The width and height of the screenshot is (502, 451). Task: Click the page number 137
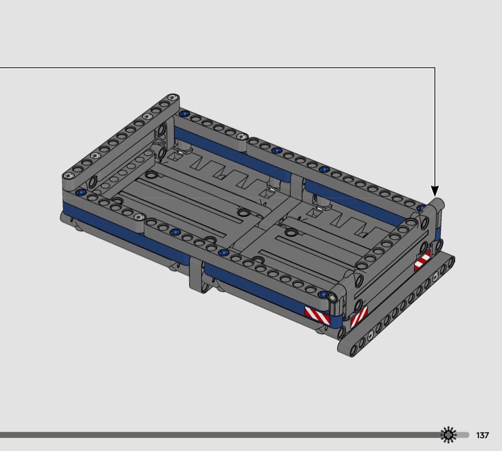tap(482, 435)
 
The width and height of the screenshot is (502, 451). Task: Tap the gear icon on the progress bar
tap(448, 435)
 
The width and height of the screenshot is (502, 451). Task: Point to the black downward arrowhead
tap(435, 191)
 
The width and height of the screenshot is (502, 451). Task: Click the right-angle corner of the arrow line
tap(435, 68)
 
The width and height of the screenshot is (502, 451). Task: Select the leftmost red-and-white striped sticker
tap(317, 316)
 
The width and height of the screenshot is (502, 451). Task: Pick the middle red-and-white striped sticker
tap(359, 316)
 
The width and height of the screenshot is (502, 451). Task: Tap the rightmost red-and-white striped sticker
tap(422, 261)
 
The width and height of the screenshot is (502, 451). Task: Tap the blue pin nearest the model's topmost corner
tap(184, 114)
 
